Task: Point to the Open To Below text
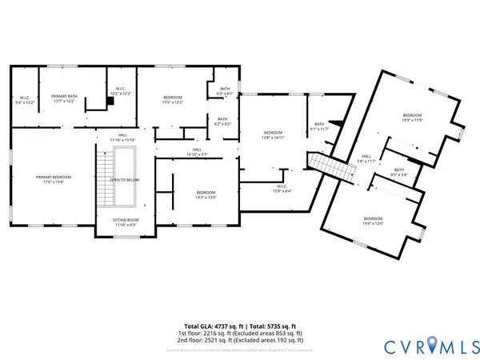point(125,180)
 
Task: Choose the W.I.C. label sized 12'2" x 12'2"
point(120,91)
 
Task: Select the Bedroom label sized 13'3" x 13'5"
point(206,194)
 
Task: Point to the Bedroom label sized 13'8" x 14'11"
point(274,134)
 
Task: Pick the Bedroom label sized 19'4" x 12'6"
point(374,221)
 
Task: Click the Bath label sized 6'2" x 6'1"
point(225,91)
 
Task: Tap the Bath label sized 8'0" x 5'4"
point(398,172)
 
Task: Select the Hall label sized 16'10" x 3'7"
point(197,151)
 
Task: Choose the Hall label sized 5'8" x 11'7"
point(366,158)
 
